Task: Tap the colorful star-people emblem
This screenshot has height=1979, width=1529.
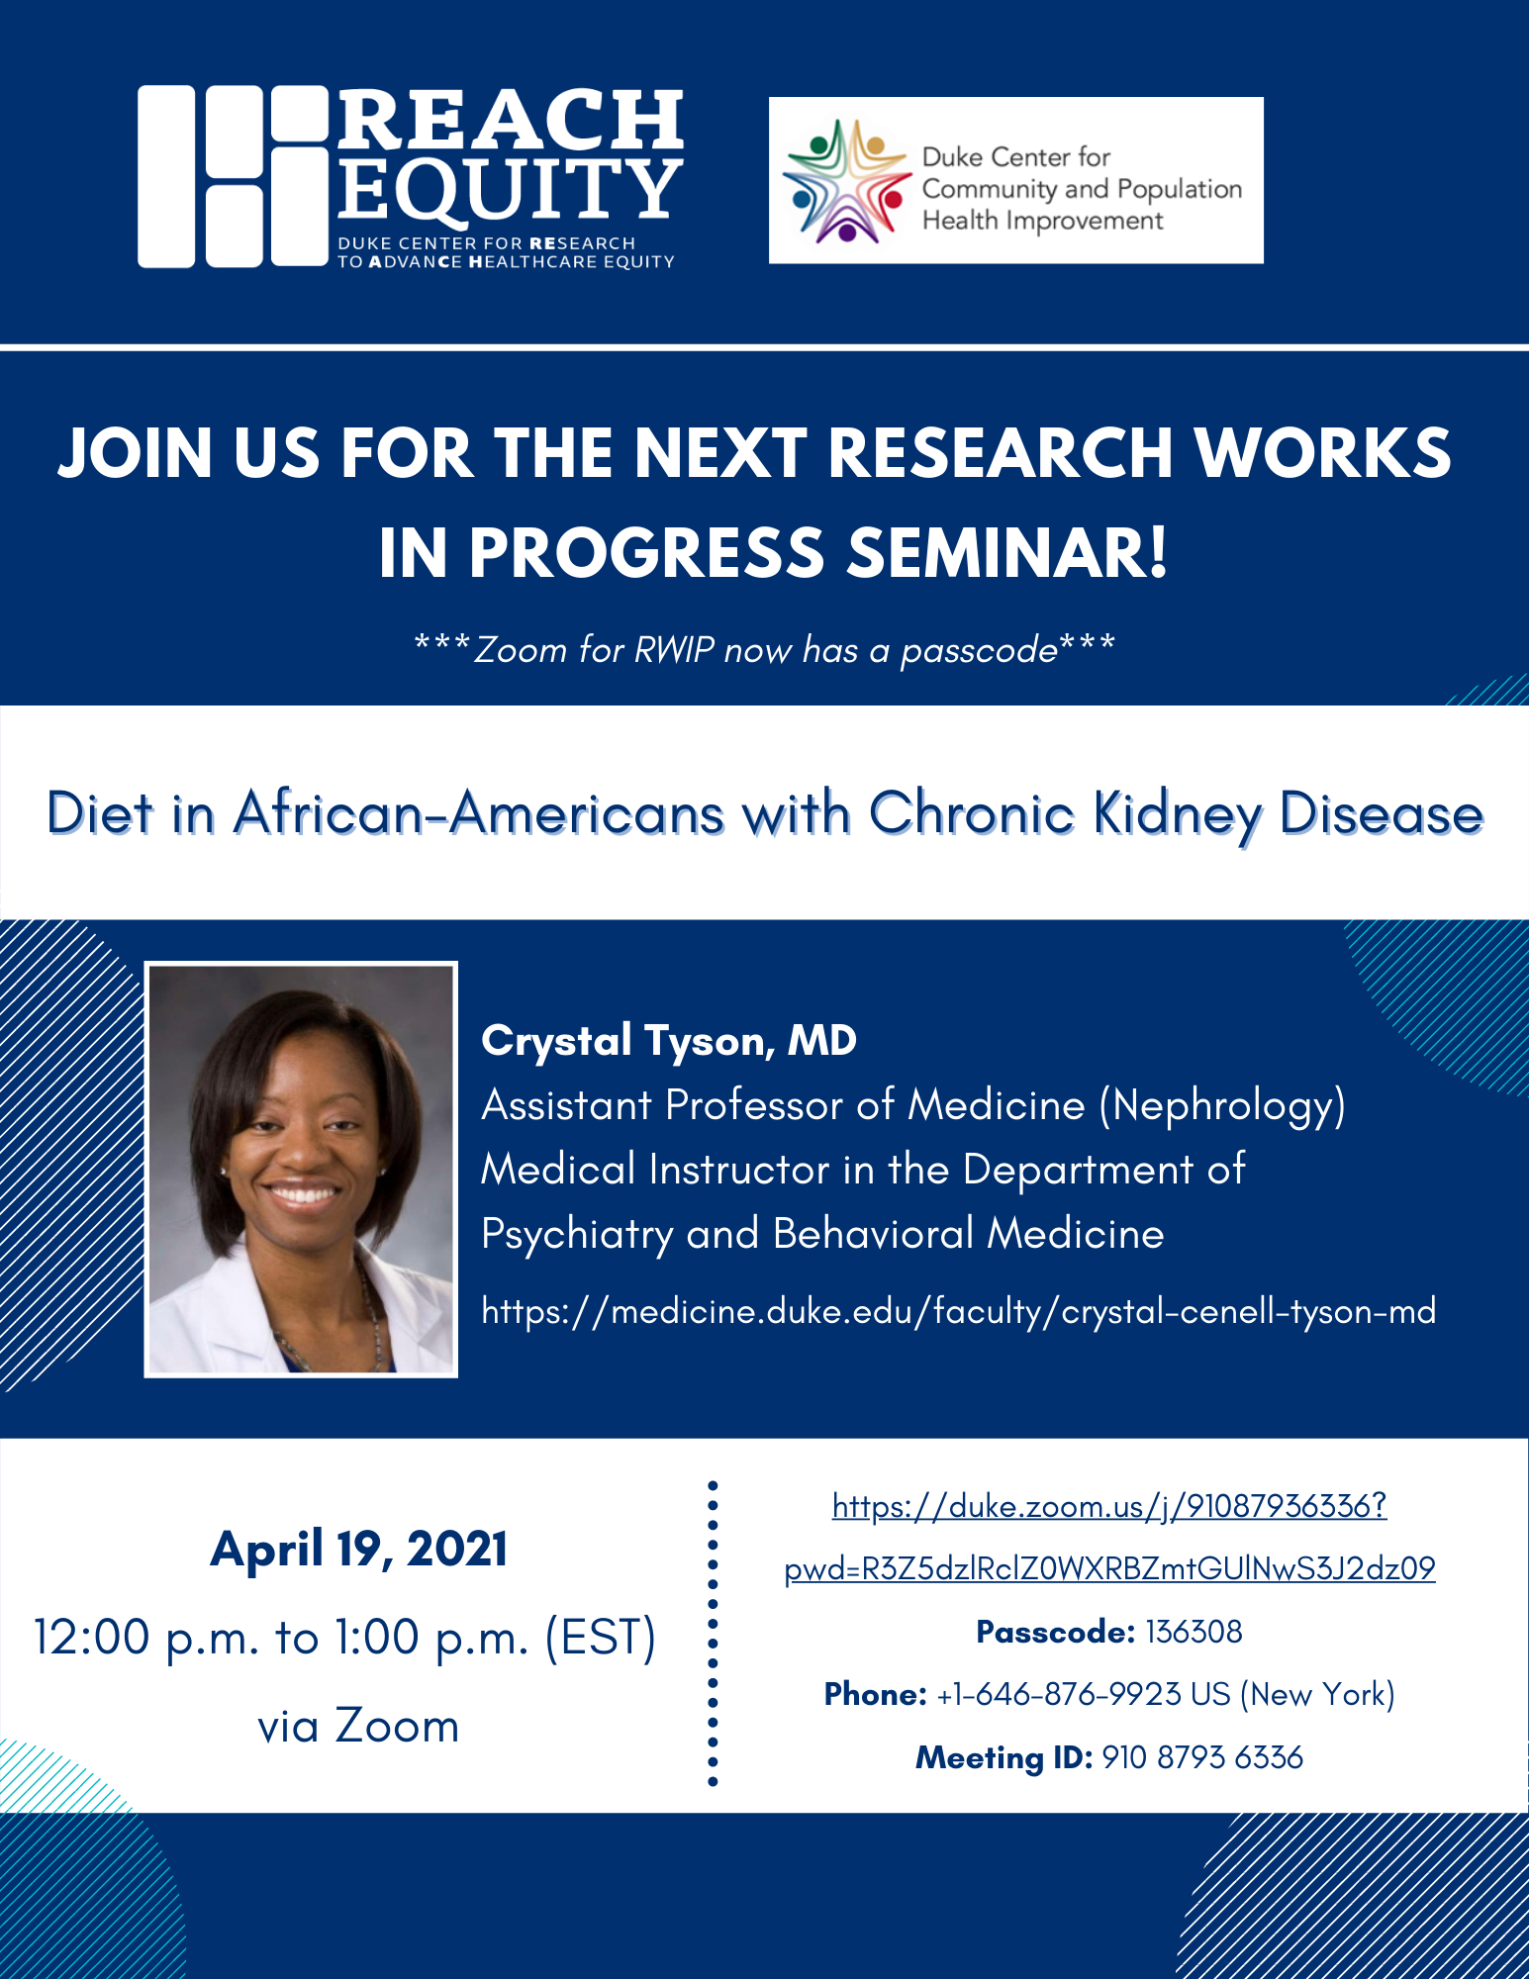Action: pyautogui.click(x=846, y=181)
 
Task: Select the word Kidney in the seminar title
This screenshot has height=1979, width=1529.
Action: pyautogui.click(x=1177, y=814)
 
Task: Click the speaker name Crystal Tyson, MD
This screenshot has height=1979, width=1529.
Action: pyautogui.click(x=669, y=1041)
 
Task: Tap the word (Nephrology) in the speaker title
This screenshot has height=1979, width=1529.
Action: pyautogui.click(x=1222, y=1105)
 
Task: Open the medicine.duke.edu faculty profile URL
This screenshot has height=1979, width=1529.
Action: pyautogui.click(x=958, y=1311)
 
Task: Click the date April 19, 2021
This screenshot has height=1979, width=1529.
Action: pyautogui.click(x=358, y=1549)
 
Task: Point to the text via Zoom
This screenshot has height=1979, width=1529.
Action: pyautogui.click(x=358, y=1726)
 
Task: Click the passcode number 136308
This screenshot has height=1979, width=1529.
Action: pyautogui.click(x=1193, y=1632)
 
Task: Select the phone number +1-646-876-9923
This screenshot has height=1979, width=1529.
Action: pyautogui.click(x=1059, y=1695)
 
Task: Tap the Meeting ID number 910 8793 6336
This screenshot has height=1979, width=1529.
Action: pyautogui.click(x=1201, y=1757)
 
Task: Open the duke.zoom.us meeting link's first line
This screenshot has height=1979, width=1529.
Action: pyautogui.click(x=1109, y=1506)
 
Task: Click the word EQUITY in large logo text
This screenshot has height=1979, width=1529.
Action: pyautogui.click(x=510, y=190)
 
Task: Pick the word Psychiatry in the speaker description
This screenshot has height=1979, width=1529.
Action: pyautogui.click(x=577, y=1234)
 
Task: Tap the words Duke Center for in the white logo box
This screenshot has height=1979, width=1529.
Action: pyautogui.click(x=1015, y=157)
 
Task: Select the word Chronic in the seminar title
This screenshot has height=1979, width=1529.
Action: pyautogui.click(x=972, y=814)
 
